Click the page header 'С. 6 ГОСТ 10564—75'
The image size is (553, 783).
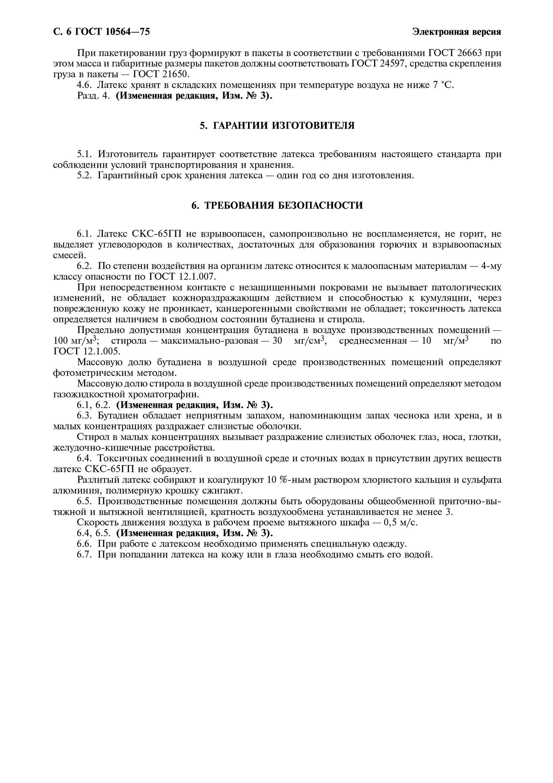(x=101, y=32)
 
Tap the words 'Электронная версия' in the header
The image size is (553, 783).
(x=456, y=32)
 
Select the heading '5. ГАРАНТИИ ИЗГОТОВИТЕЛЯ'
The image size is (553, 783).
(x=277, y=126)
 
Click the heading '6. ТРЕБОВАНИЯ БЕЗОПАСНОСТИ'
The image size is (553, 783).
(x=277, y=205)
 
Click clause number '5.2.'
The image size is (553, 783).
(x=84, y=176)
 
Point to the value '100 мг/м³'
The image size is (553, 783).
(x=75, y=340)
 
